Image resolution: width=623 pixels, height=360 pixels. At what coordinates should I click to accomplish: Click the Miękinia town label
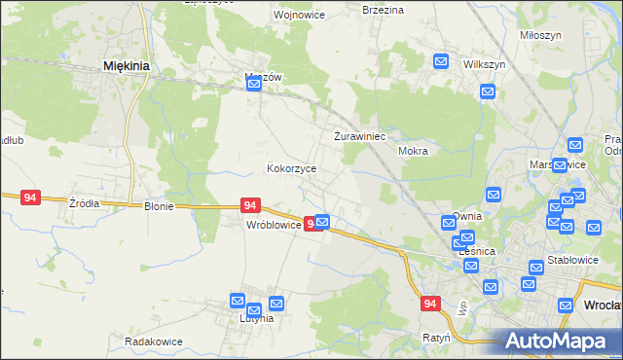pos(125,66)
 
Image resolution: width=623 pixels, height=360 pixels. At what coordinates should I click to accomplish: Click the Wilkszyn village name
pos(484,63)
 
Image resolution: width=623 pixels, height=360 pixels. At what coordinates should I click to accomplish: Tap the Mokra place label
pos(414,152)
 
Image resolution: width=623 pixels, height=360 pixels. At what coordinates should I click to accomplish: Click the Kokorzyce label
pos(292,168)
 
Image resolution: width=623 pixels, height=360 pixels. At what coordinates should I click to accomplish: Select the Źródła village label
pos(84,203)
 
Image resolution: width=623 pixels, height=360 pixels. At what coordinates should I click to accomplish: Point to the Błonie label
pos(159,206)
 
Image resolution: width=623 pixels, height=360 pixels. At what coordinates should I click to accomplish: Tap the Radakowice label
pos(154,342)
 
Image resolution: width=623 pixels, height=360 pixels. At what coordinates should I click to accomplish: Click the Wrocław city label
pos(602,305)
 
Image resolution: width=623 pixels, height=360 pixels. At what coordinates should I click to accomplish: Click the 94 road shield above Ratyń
pos(431,305)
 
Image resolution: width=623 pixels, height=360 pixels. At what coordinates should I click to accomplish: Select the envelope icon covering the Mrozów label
pos(254,85)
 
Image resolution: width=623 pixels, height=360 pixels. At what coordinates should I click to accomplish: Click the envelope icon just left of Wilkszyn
pos(440,61)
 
